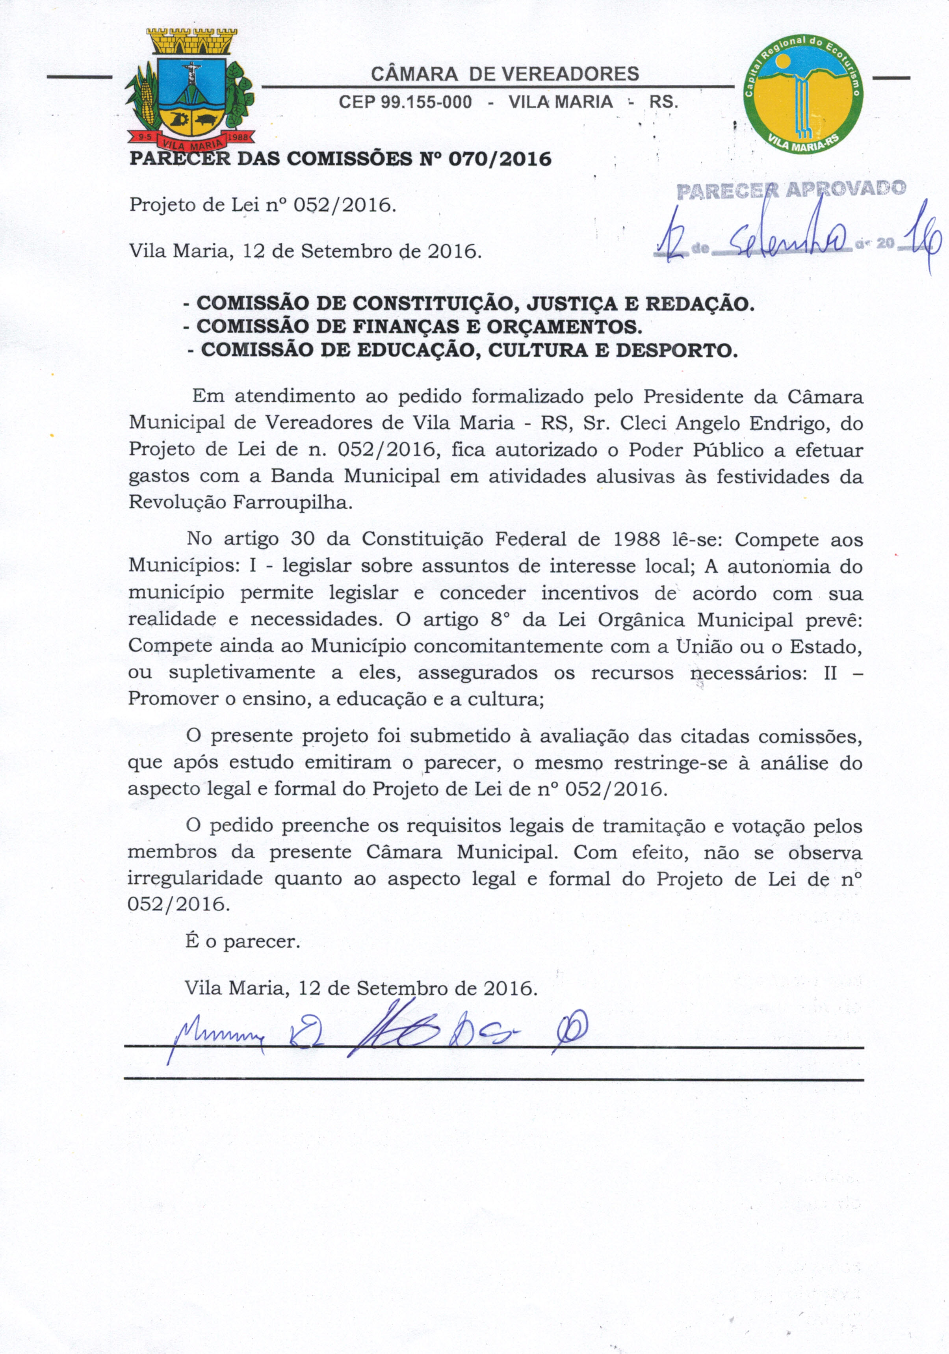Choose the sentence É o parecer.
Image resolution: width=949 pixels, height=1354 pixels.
tap(242, 941)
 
